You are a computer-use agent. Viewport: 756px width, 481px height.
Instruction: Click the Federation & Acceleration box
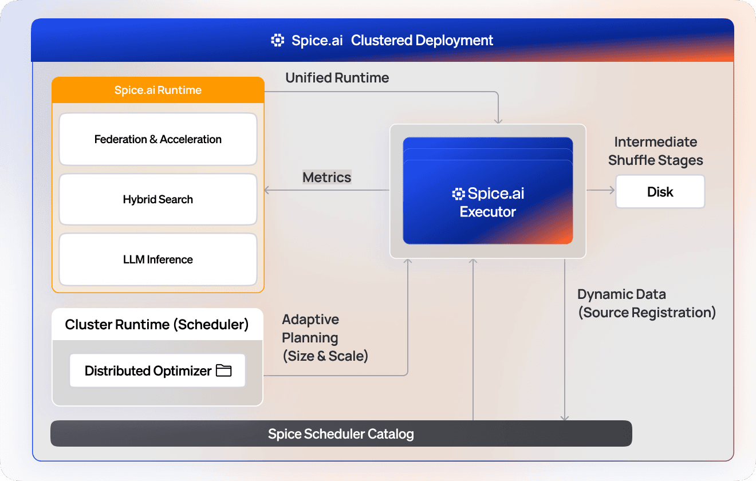(157, 139)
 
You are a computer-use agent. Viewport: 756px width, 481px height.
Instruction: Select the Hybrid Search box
(157, 199)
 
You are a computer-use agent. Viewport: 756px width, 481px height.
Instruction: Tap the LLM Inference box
(157, 259)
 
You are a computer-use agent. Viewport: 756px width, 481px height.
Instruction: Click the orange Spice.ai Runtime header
(157, 90)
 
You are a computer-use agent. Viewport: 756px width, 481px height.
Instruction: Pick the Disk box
(660, 192)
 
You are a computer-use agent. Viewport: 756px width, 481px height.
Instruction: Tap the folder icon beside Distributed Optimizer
(224, 370)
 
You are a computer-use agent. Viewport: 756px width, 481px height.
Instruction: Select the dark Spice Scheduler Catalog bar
(341, 433)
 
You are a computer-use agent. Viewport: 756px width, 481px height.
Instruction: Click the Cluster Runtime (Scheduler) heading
(157, 325)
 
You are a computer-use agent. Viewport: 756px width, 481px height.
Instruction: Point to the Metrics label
(326, 177)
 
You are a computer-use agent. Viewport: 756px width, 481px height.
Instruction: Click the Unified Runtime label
(337, 78)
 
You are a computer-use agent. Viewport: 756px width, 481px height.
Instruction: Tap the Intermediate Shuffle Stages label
(655, 151)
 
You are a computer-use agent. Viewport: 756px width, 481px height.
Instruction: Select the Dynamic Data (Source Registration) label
(646, 303)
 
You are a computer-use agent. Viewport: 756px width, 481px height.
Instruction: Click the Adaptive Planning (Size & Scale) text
(324, 338)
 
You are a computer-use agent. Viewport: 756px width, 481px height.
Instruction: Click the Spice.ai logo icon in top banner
(278, 41)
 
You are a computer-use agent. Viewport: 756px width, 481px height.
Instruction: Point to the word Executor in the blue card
(488, 212)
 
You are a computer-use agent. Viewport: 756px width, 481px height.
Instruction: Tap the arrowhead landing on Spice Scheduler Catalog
(565, 417)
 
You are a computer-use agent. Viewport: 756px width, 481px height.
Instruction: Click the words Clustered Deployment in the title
(422, 41)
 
